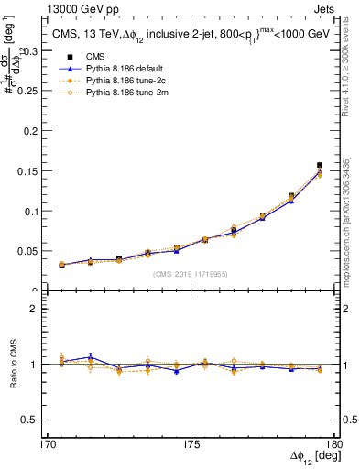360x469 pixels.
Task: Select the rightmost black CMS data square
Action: coord(320,165)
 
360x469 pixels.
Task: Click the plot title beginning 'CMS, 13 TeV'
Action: coord(191,34)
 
